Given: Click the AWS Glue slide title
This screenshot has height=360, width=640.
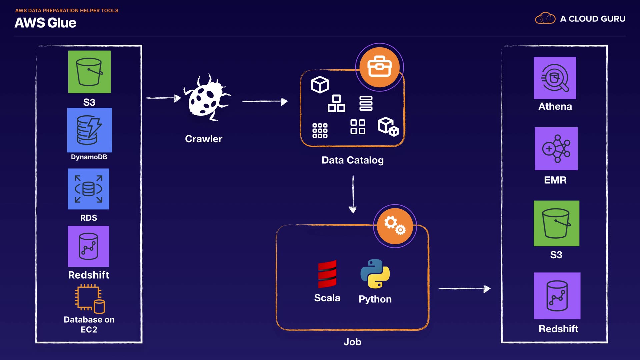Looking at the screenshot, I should click(45, 23).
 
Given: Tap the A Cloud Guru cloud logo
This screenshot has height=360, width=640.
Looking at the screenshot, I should click(545, 18).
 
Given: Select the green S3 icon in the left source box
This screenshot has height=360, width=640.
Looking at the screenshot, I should click(89, 72).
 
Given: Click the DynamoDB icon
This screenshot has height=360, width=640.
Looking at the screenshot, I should click(89, 130).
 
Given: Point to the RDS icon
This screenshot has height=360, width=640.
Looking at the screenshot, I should click(88, 189).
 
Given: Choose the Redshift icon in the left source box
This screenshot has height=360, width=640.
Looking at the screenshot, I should click(88, 246).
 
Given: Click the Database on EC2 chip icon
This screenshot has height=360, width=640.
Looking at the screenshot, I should click(89, 299).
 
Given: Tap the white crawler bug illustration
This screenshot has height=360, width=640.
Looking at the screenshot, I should click(206, 98).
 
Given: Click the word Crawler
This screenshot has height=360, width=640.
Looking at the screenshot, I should click(203, 139).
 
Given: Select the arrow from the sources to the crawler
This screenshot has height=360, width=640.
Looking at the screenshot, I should click(163, 98).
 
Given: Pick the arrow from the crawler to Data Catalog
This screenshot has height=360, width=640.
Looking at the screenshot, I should click(264, 101).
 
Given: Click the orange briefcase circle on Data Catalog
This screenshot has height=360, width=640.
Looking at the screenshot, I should click(379, 67).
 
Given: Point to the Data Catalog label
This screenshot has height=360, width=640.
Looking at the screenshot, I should click(352, 160).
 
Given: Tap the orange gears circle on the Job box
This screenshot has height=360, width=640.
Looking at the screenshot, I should click(395, 226).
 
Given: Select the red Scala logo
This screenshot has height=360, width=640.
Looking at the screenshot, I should click(327, 274).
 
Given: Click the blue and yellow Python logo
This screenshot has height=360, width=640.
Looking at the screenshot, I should click(375, 274).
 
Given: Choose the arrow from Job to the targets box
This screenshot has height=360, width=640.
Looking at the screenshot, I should click(464, 289).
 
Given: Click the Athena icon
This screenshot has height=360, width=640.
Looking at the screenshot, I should click(555, 78).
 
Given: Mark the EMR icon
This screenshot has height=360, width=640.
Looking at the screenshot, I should click(556, 149).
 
